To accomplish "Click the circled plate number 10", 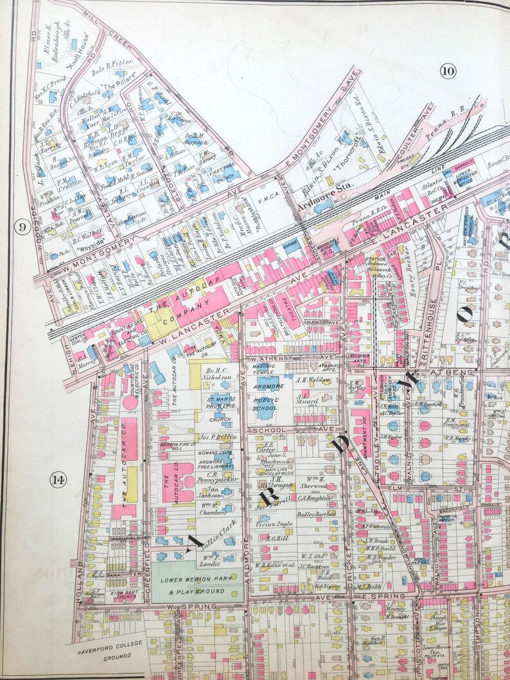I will pos(448,71).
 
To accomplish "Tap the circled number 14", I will pos(58,480).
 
